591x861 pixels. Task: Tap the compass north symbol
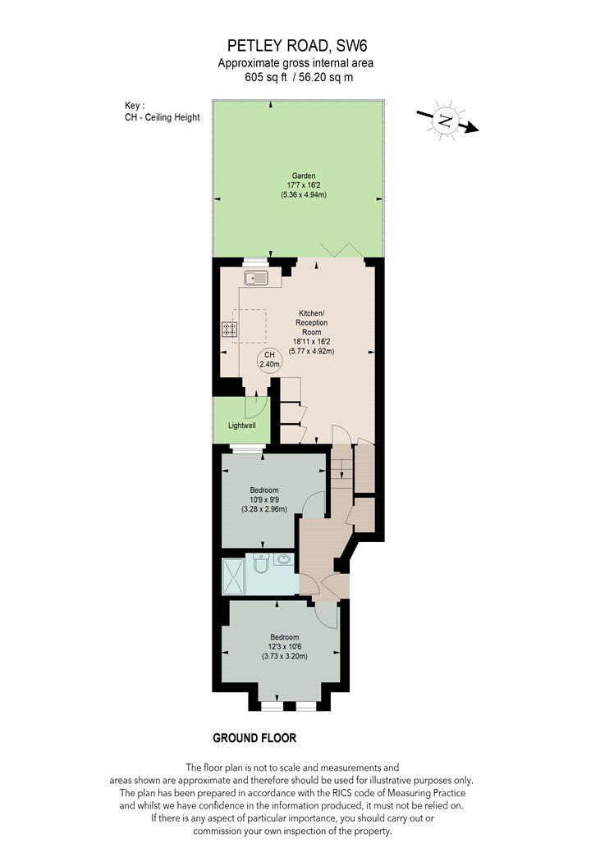(x=447, y=121)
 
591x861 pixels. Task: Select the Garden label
(x=304, y=175)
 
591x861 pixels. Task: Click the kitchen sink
(x=256, y=278)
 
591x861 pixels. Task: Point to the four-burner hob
(x=230, y=330)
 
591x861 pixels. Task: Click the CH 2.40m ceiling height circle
(x=269, y=360)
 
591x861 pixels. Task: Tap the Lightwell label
(x=242, y=426)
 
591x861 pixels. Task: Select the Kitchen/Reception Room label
(x=312, y=322)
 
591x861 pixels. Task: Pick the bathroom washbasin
(x=284, y=559)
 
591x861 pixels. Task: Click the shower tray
(x=233, y=576)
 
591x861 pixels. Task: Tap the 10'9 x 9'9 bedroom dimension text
(x=263, y=499)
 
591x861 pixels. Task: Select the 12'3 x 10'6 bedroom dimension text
(x=284, y=647)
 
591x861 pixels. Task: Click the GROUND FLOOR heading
(x=254, y=738)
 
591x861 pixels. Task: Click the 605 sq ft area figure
(x=265, y=77)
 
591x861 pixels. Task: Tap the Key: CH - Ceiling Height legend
(x=163, y=112)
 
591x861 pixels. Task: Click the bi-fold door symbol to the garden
(x=342, y=249)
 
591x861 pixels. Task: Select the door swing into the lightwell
(x=255, y=407)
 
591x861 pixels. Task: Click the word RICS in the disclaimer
(x=342, y=793)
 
